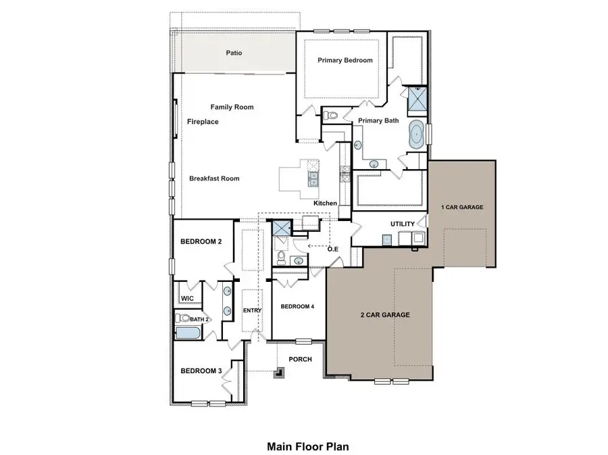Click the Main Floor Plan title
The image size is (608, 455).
coord(307,446)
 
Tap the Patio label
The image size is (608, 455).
coord(234,53)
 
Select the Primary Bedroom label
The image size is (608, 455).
coord(345,60)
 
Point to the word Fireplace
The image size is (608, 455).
coord(203,122)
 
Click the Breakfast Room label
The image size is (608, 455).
coord(214,178)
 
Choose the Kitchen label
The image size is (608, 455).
coord(325,203)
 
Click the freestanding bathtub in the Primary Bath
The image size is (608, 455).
coord(417,135)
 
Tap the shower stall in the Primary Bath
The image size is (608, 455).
coord(416,102)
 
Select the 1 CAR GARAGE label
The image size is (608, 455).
coord(462,207)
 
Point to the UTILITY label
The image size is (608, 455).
coord(403,224)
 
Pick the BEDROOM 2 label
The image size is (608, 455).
coord(201,241)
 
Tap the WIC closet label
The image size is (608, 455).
coord(186,297)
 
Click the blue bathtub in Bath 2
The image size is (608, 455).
coord(186,333)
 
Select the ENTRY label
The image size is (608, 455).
coord(252,310)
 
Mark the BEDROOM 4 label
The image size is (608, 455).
coord(297,306)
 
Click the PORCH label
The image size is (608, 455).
coord(300,359)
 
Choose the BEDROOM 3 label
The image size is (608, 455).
coord(201,371)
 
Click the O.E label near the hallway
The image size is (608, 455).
coord(333,249)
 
